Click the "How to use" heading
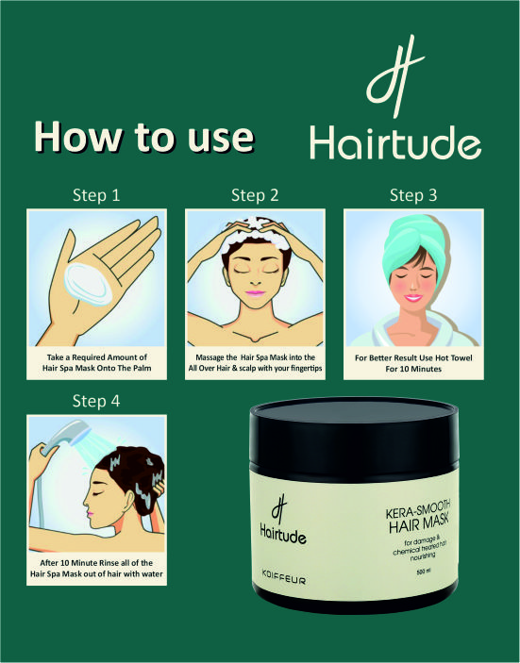point(144,137)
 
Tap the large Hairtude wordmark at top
point(395,142)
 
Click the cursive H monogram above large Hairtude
point(395,76)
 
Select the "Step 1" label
point(96,195)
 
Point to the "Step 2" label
point(255,195)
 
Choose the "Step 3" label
point(413,195)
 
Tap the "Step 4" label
point(96,401)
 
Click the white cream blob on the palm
point(88,284)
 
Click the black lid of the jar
point(354,438)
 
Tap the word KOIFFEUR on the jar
point(283,577)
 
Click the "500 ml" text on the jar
point(423,572)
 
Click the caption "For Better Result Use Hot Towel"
point(413,357)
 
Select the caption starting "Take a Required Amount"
point(96,362)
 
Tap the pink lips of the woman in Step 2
point(255,293)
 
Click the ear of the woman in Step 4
point(129,500)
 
